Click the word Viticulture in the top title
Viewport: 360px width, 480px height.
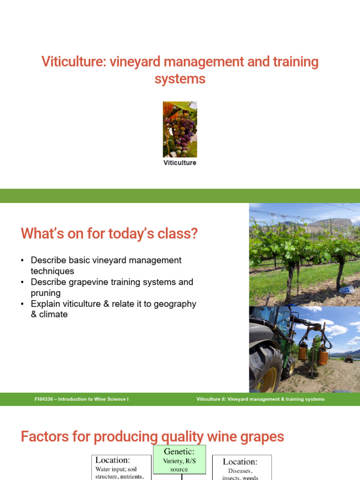tap(73, 62)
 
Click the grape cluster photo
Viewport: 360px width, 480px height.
tap(180, 129)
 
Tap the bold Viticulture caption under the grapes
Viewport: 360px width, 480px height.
tap(180, 163)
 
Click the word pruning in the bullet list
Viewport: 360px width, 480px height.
tap(45, 293)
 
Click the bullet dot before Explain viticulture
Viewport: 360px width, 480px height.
tap(22, 304)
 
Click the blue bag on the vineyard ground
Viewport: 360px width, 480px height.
tap(348, 290)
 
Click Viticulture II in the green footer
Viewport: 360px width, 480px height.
tap(212, 399)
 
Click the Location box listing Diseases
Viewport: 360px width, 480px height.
tap(242, 467)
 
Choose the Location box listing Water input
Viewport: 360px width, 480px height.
tap(120, 467)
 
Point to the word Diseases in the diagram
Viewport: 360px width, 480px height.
tap(240, 471)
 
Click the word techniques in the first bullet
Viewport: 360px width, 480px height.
tap(52, 271)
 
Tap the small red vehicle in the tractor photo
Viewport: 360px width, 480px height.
tap(348, 359)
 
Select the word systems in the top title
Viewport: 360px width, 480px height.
tap(180, 79)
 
